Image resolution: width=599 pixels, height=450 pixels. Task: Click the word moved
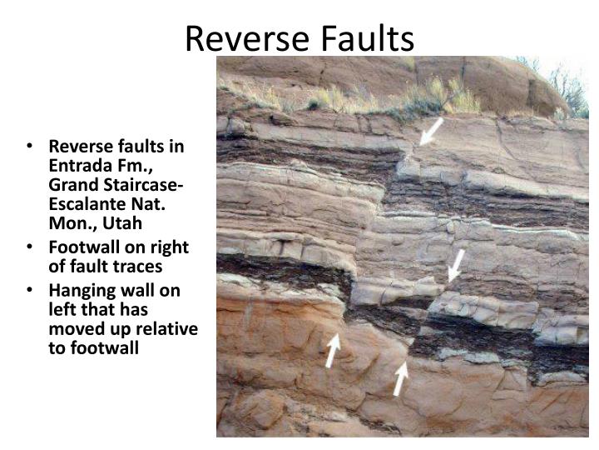[72, 329]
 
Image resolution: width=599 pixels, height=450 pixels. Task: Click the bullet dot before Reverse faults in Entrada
[30, 147]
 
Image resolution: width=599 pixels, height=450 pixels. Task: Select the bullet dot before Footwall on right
[30, 248]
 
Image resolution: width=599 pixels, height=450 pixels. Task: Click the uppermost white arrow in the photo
[431, 132]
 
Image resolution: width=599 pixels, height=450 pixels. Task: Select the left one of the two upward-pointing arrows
[332, 350]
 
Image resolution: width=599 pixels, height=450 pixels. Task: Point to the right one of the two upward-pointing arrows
[401, 378]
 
